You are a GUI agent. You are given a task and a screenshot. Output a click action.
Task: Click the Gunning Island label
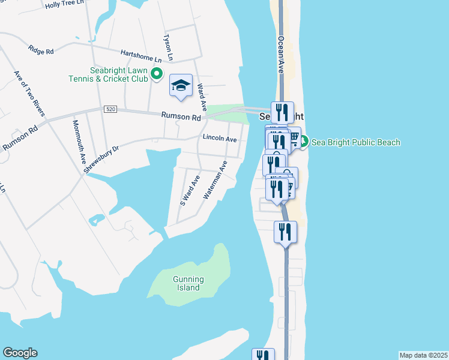click(188, 283)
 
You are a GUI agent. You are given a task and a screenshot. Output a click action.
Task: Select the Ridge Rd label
click(41, 50)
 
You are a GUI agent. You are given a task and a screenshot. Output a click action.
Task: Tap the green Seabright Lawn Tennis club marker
click(157, 74)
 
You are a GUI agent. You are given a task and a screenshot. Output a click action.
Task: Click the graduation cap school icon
click(180, 86)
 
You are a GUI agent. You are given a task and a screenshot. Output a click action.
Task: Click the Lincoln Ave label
click(220, 139)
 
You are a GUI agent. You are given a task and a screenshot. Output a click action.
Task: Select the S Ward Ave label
click(189, 191)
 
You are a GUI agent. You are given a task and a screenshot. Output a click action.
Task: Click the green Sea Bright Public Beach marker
click(304, 142)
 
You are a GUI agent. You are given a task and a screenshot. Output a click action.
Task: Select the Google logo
click(20, 353)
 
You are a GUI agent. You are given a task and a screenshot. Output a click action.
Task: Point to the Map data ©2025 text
click(423, 355)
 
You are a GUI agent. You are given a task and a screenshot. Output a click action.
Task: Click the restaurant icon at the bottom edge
click(263, 355)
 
